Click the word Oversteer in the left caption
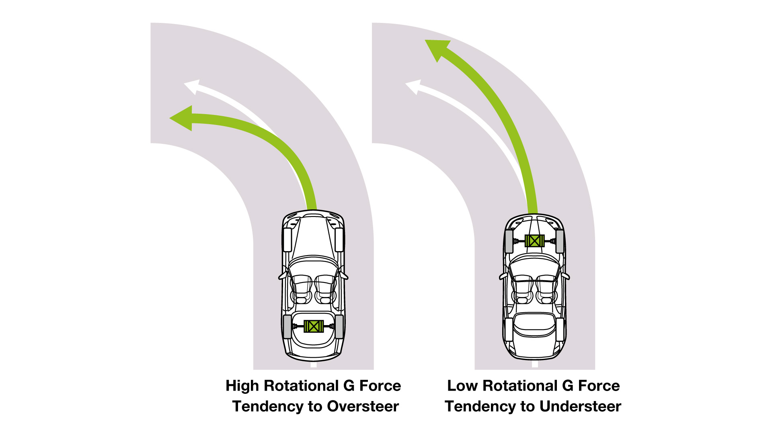(363, 406)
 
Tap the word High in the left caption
(242, 386)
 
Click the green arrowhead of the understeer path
(437, 48)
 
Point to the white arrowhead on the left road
(192, 86)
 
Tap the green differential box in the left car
(314, 326)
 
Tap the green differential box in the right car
(534, 241)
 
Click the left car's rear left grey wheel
(287, 326)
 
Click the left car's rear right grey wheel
(339, 326)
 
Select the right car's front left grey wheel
(509, 241)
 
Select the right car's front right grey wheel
(560, 241)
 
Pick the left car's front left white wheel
(287, 240)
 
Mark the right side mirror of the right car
(566, 276)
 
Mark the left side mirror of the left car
(282, 276)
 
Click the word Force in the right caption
(599, 386)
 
